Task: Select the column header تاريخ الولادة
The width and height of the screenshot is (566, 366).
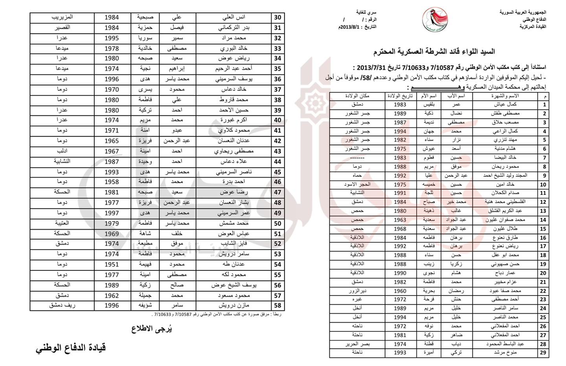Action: click(x=400, y=96)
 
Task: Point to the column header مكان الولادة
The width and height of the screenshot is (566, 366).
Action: click(x=357, y=96)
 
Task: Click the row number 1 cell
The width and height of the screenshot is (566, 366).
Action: click(x=544, y=105)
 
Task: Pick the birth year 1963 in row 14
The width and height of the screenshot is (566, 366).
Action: click(x=400, y=220)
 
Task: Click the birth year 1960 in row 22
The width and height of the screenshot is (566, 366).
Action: click(x=400, y=291)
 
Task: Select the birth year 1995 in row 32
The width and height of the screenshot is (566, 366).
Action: click(x=112, y=38)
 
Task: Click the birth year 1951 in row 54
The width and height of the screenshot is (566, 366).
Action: click(x=112, y=264)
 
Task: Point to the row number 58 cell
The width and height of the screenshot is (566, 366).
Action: click(x=277, y=305)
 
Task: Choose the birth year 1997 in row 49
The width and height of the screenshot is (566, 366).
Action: click(x=112, y=213)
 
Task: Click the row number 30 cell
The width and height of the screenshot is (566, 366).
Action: click(x=277, y=17)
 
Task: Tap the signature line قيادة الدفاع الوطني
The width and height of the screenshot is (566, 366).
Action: click(x=71, y=348)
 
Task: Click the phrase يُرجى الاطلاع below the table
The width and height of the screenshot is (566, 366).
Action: click(x=152, y=329)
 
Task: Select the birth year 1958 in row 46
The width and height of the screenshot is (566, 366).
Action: click(x=112, y=182)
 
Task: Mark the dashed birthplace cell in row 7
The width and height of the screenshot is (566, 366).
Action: click(x=357, y=158)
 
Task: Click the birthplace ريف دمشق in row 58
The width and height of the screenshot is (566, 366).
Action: click(x=62, y=305)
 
